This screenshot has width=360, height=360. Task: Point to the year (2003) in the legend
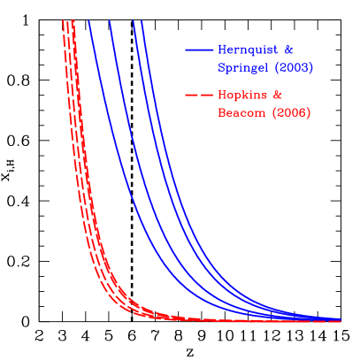pyautogui.click(x=294, y=67)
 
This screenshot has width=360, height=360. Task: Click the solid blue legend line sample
pyautogui.click(x=199, y=50)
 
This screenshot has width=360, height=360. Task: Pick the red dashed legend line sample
pyautogui.click(x=199, y=96)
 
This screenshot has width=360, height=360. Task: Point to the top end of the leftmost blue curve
pyautogui.click(x=89, y=21)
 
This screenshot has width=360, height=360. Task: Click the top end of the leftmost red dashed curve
pyautogui.click(x=62, y=21)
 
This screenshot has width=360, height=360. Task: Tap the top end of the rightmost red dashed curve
pyautogui.click(x=72, y=21)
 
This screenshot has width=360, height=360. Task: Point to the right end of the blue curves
pyautogui.click(x=341, y=318)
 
